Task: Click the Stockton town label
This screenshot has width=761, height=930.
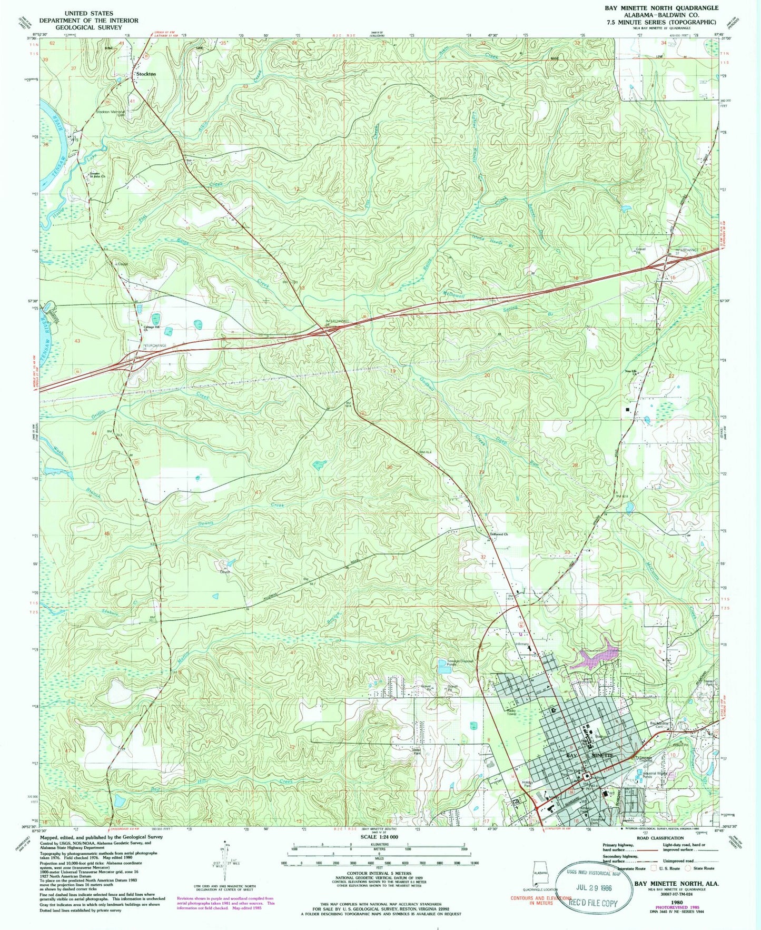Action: tap(146, 74)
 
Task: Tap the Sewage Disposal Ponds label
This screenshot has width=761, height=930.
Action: tap(456, 662)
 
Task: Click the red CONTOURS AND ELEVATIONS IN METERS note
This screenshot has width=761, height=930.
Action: tap(541, 901)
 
